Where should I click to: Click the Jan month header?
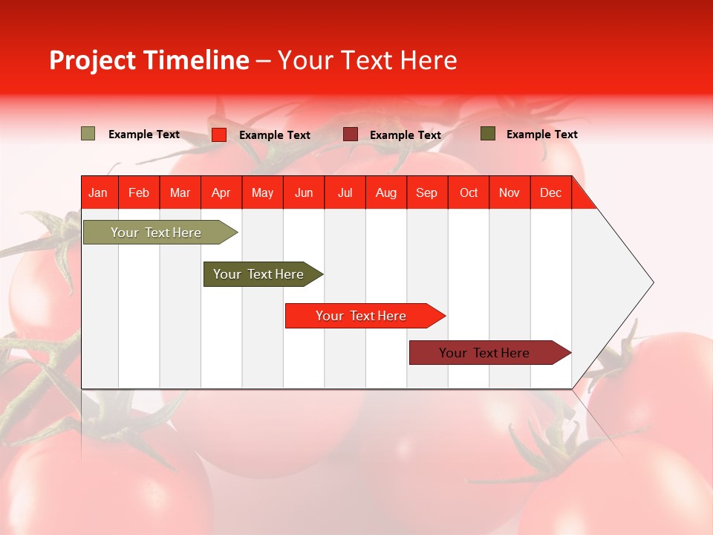coord(98,192)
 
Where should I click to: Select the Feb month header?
coord(139,192)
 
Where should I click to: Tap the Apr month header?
coord(221,192)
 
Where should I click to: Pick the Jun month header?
coord(304,192)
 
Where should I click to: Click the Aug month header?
coord(386,192)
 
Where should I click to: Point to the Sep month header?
coord(427,192)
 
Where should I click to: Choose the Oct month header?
coord(469,192)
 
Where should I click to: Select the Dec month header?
coord(551,192)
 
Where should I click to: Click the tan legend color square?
coord(88,134)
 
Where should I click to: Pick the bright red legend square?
coord(219,134)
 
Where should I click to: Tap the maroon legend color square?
coord(351,134)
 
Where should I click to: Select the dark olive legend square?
coord(488,134)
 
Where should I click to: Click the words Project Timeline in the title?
coord(149,60)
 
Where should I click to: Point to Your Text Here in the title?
coord(368,60)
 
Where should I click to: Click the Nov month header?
coord(509,192)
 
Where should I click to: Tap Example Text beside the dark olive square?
coord(541,134)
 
